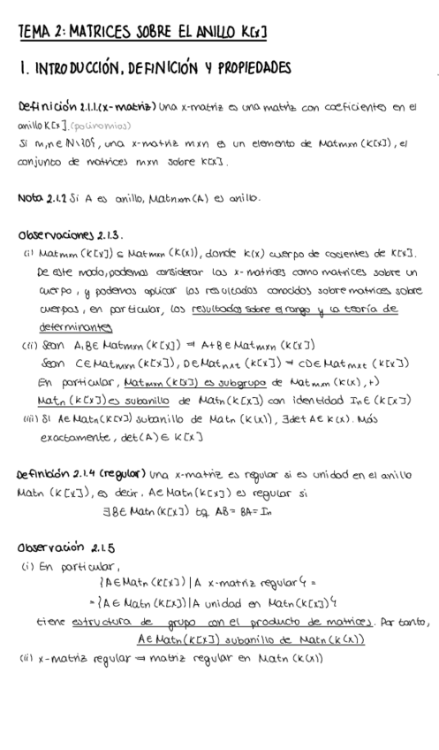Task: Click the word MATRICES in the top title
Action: point(96,32)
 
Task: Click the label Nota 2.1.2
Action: point(41,198)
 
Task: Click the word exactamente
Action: point(71,437)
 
